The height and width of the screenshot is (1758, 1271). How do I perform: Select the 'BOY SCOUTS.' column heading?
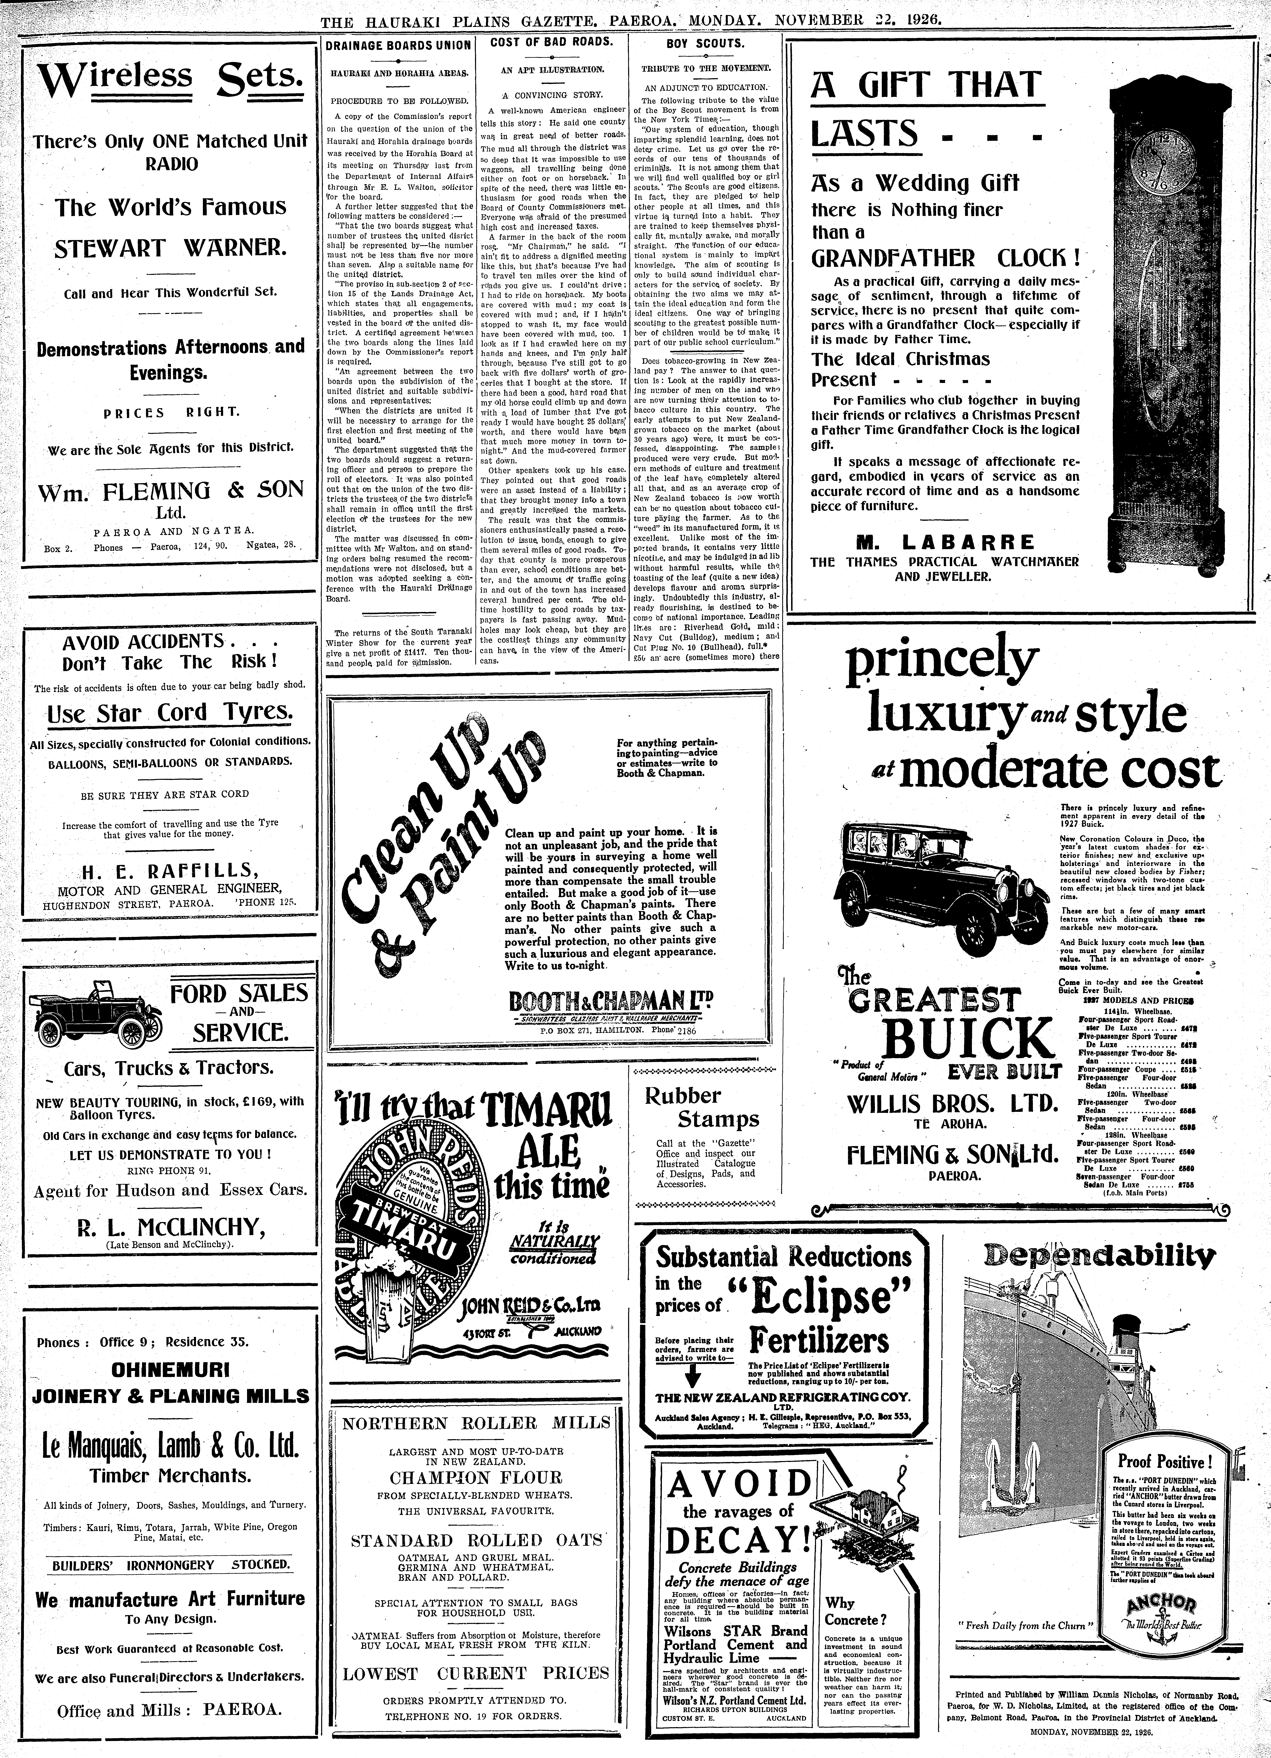[x=704, y=44]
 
